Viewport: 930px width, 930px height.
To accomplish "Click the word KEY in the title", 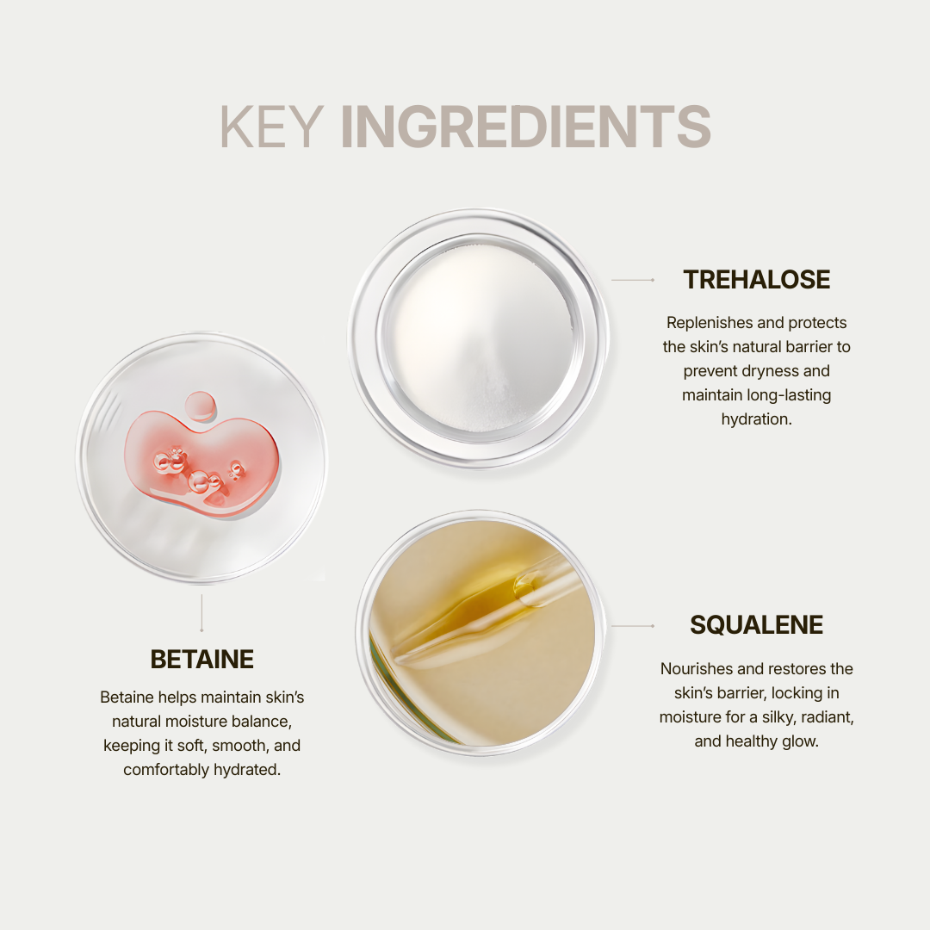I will (270, 127).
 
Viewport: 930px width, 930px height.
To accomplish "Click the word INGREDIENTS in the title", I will (525, 127).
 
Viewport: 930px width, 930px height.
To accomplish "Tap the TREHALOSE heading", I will (756, 280).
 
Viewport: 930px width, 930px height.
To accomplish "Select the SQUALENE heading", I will (756, 625).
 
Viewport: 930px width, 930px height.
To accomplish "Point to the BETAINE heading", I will (201, 660).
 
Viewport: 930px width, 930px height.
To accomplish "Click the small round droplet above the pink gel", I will (200, 405).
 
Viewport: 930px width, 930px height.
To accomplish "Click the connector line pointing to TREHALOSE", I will (633, 280).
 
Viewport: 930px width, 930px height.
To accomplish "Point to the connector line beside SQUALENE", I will (633, 626).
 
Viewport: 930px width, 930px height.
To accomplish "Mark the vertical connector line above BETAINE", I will (201, 612).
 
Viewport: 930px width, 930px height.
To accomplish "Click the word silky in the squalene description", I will (772, 716).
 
